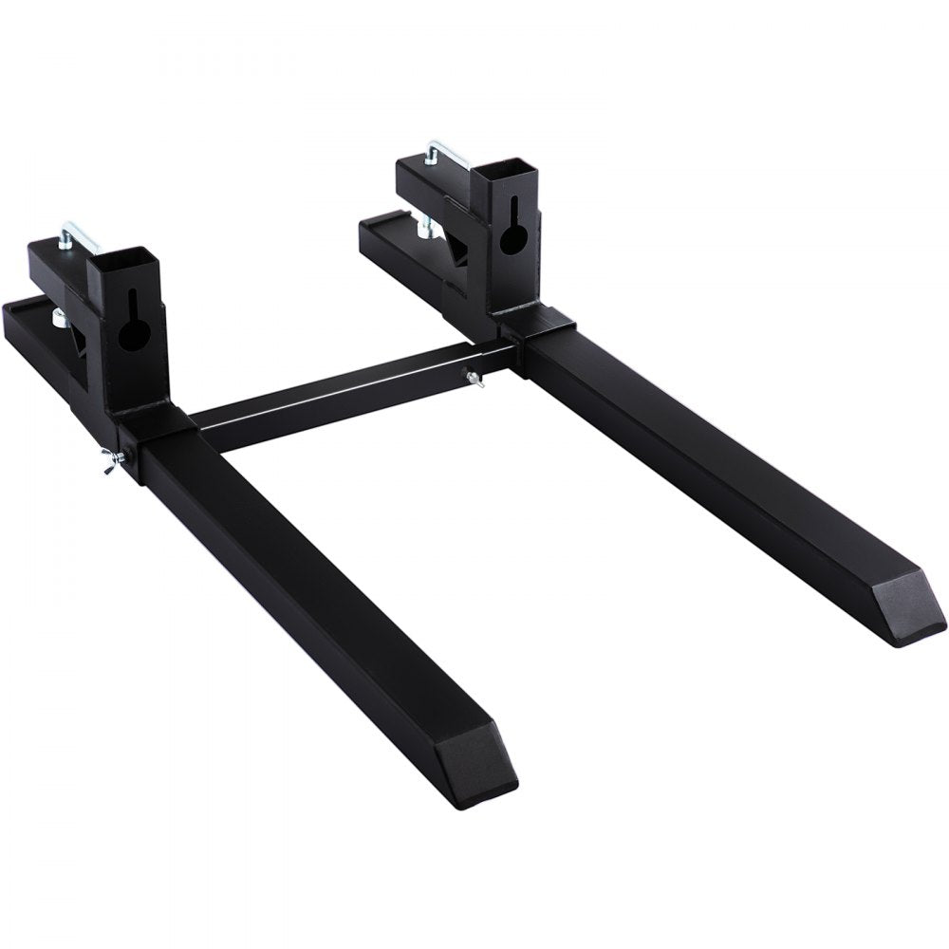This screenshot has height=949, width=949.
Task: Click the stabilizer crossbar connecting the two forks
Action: coord(342,393)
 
